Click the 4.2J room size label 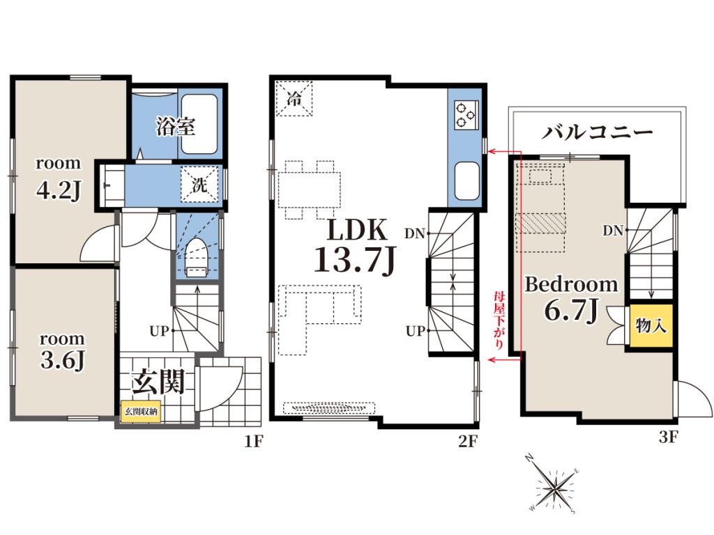pos(59,190)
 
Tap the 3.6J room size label pos(62,360)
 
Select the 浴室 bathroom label pos(176,126)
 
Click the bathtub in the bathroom pos(199,124)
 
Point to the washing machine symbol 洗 pos(199,184)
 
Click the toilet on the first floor pos(197,258)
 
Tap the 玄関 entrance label pos(158,381)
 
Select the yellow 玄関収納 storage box pos(141,411)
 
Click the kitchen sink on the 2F pos(466,180)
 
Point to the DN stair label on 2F pos(414,234)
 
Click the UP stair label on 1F pos(160,331)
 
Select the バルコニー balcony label pos(597,132)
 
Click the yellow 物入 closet pos(651,326)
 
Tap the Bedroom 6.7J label pos(572,298)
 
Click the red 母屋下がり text pos(499,320)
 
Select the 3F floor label pos(668,437)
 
